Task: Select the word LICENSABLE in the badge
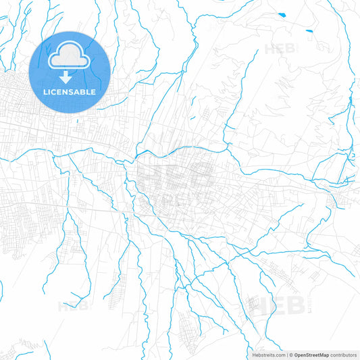70,92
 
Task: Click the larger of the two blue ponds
280,14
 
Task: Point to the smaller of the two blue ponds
309,30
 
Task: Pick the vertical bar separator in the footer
287,354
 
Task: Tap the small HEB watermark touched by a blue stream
70,305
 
